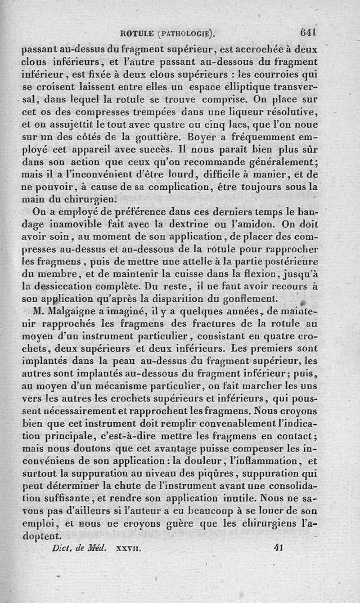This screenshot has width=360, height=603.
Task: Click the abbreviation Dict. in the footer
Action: point(62,548)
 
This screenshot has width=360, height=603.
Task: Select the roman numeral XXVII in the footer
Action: point(129,549)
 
